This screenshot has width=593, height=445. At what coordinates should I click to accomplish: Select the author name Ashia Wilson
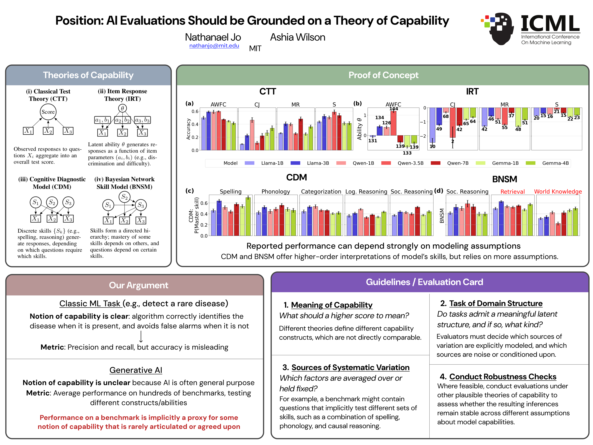298,37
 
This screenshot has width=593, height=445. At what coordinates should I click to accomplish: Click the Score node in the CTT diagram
48,112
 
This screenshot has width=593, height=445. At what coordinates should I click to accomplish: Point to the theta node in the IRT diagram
122,108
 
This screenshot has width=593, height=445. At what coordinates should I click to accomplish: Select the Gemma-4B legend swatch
530,163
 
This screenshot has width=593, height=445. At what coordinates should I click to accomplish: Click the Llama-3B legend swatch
295,163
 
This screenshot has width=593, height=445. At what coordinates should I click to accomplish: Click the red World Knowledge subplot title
558,191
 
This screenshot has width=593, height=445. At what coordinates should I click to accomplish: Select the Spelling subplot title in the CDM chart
231,191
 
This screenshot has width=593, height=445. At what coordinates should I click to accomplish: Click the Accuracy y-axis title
188,129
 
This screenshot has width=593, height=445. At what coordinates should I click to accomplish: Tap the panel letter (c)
189,191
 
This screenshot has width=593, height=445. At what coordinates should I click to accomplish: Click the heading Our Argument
139,285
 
